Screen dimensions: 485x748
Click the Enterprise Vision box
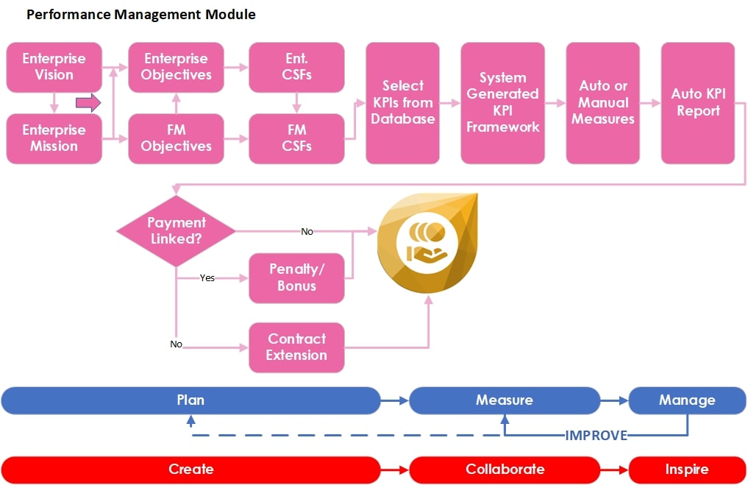(54, 67)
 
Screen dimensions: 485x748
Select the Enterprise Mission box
(54, 138)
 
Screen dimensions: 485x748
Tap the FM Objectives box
(176, 138)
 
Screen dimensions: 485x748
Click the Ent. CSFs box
(296, 67)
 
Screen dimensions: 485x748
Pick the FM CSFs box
(296, 138)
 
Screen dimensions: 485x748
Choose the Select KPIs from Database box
(402, 102)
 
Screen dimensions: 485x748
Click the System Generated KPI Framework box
(502, 102)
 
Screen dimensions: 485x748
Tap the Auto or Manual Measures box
(603, 102)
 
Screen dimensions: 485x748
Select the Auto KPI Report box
(697, 102)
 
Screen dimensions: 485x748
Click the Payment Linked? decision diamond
(176, 231)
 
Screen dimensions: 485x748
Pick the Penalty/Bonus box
(296, 278)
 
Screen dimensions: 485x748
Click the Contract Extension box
(296, 347)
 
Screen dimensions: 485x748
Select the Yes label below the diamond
(207, 278)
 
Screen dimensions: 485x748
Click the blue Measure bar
(504, 400)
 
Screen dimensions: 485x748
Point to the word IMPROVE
(596, 435)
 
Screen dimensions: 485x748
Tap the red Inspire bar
(686, 469)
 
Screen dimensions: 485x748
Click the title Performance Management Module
(140, 14)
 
